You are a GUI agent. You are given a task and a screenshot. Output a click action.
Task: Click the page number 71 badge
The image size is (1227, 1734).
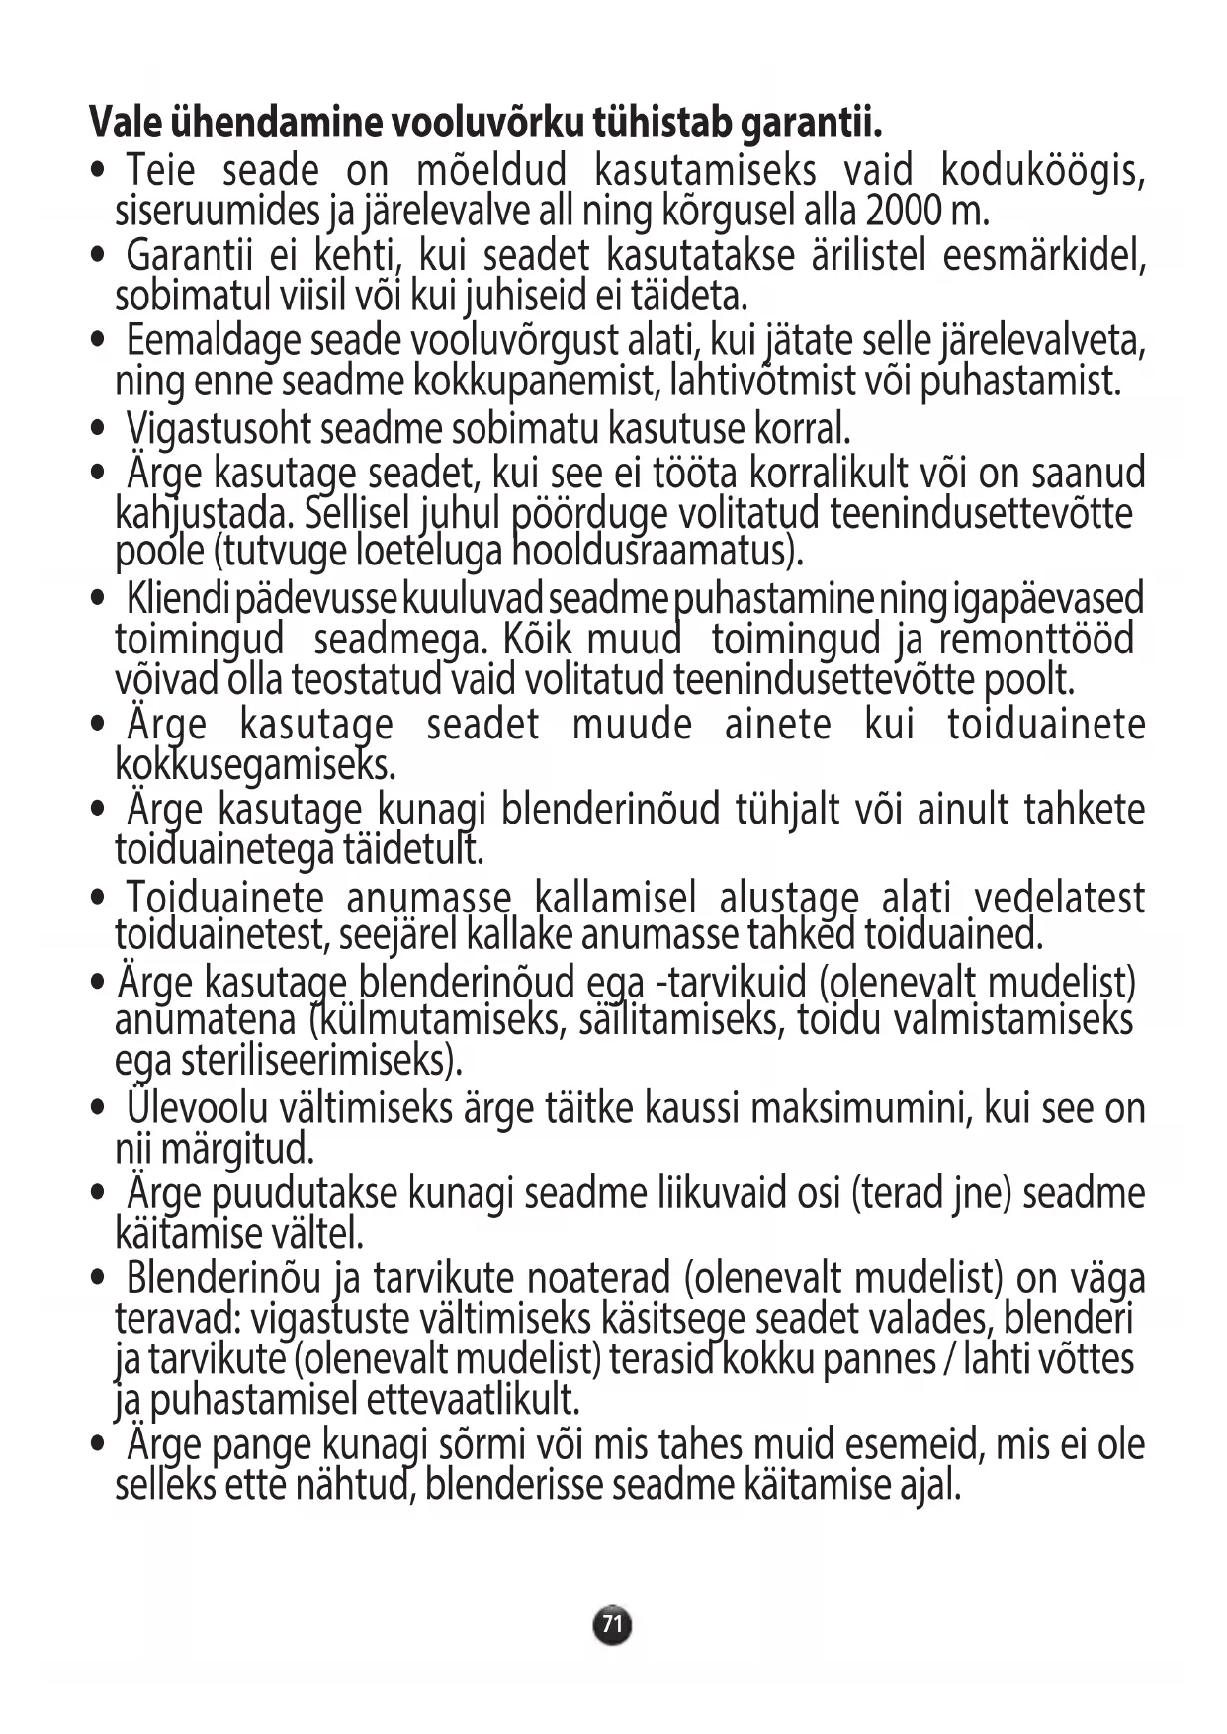[612, 1624]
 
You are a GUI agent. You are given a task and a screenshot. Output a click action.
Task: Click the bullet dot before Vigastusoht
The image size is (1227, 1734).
[97, 429]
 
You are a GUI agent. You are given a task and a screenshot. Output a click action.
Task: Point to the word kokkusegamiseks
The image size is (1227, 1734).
[256, 765]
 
